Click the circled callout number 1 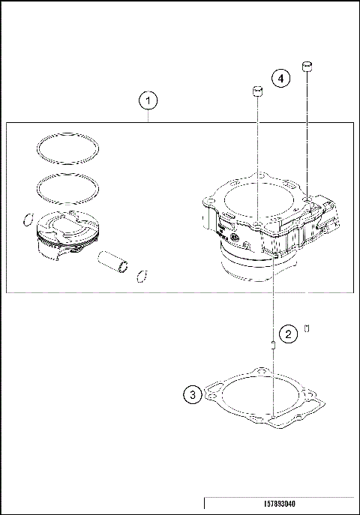(148, 100)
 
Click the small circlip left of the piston (28, 220)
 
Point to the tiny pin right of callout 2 (307, 328)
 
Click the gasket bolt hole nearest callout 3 (215, 391)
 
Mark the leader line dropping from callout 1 (148, 115)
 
